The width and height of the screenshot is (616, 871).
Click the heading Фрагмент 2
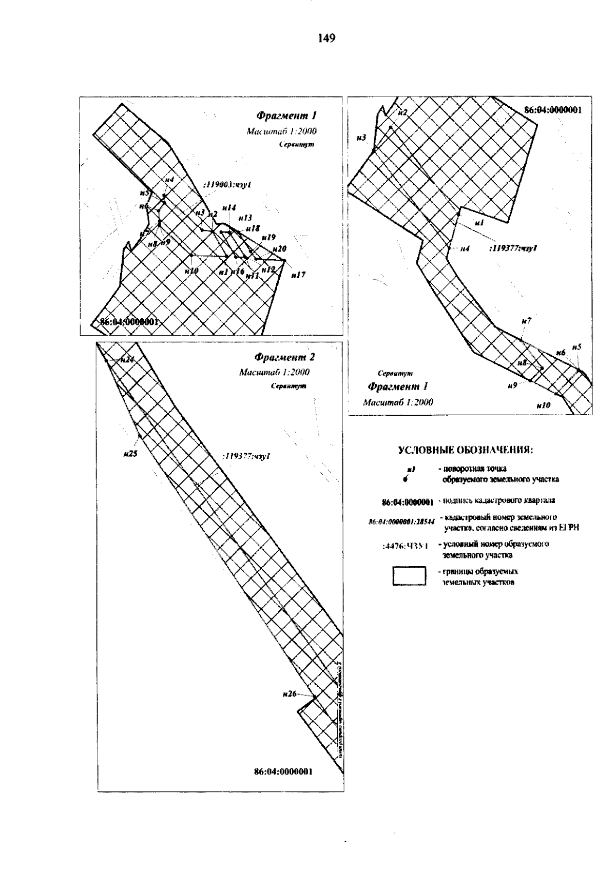point(285,357)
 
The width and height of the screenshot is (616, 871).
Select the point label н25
point(130,453)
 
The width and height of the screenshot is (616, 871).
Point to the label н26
point(290,694)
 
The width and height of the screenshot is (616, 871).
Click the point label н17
point(298,275)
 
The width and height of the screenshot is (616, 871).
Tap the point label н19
point(268,237)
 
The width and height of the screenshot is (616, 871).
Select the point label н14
point(229,208)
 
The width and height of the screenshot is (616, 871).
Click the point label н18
point(253,228)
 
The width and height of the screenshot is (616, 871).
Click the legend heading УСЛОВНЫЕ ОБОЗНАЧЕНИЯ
point(466,451)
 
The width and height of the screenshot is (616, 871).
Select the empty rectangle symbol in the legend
point(410,576)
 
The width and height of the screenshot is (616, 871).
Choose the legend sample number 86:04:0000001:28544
point(401,521)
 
